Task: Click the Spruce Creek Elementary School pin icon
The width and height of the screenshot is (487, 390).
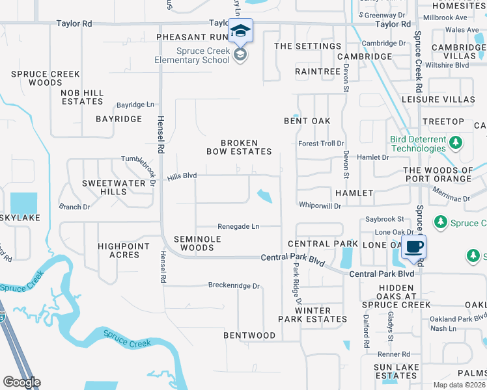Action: (x=240, y=32)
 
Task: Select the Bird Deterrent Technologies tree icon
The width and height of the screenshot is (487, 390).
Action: (x=456, y=142)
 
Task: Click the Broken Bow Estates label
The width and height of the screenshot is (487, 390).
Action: (x=240, y=147)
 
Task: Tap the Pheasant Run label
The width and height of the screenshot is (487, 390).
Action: (x=190, y=37)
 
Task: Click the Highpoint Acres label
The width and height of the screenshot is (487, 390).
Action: (x=124, y=250)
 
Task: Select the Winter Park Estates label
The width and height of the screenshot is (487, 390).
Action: (x=313, y=315)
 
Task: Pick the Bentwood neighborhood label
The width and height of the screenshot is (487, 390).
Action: (x=249, y=335)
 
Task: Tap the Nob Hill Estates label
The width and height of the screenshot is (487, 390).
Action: (x=82, y=97)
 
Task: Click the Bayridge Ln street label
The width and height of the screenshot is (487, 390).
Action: (x=135, y=104)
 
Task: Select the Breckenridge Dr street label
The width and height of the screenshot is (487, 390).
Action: (x=234, y=285)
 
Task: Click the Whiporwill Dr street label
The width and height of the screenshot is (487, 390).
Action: (x=320, y=205)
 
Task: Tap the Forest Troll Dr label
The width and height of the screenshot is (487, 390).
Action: (x=321, y=144)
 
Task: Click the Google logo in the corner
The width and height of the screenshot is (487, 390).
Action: (x=21, y=382)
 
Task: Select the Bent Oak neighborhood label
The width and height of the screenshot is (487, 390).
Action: (x=307, y=121)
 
